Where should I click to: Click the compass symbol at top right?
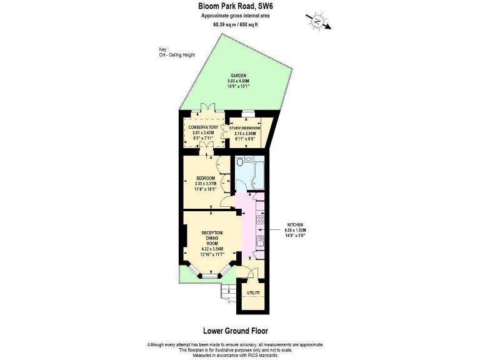click(x=319, y=22)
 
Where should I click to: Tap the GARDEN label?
click(x=238, y=76)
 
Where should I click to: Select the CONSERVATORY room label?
click(x=203, y=127)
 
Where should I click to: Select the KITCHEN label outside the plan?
click(x=295, y=224)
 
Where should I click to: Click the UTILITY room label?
click(x=253, y=292)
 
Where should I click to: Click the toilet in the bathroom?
click(x=241, y=164)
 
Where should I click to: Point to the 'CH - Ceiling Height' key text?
click(x=177, y=55)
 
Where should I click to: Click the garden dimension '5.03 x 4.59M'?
click(x=238, y=81)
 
